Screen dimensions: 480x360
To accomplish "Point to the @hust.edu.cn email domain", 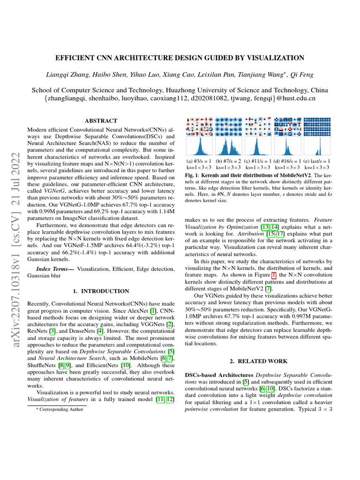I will click(295, 98).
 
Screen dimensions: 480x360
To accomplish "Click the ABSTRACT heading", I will click(101, 121).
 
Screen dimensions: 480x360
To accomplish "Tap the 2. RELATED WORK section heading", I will click(258, 362).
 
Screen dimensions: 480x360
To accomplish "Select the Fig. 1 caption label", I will click(193, 175).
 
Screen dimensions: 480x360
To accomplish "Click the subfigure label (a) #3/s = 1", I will click(199, 161).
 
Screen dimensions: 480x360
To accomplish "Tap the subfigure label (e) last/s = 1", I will click(317, 161).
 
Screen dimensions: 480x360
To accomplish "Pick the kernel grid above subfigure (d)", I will click(287, 127).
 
